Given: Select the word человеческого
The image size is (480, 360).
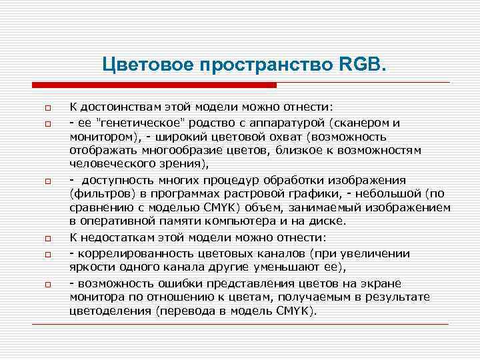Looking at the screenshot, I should pyautogui.click(x=109, y=164).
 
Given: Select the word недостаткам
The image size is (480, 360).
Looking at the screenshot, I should pyautogui.click(x=118, y=238).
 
